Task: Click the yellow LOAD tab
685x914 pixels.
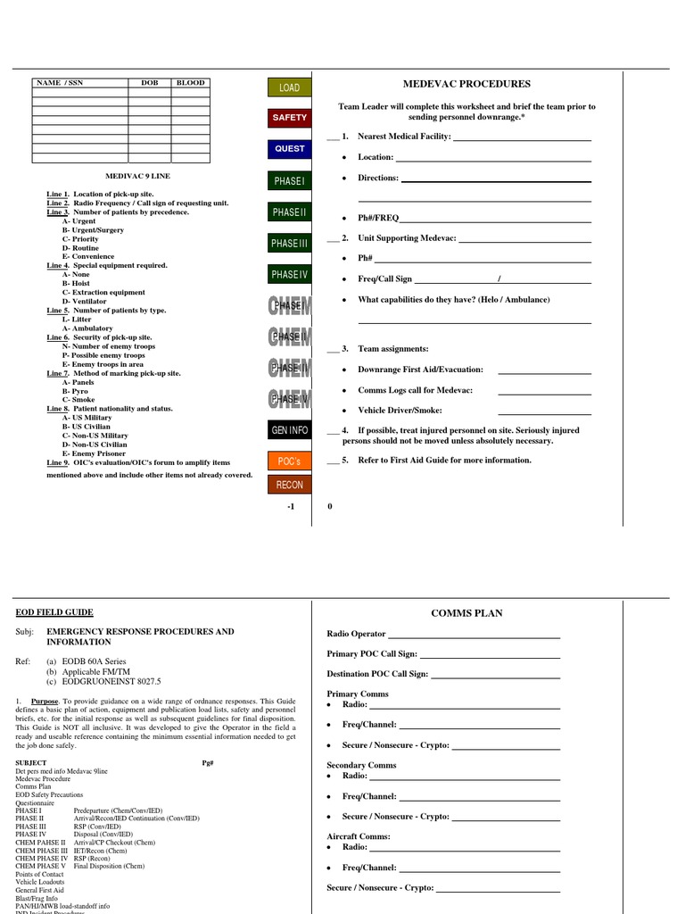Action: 289,87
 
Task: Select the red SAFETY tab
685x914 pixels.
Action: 289,118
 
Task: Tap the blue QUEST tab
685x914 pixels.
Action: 289,149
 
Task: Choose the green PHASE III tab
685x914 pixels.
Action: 289,244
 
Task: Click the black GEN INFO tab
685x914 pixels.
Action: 289,430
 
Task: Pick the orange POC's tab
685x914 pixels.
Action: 289,461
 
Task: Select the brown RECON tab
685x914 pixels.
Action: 289,485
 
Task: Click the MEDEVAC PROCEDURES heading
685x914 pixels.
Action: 466,84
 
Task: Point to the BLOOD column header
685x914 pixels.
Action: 190,83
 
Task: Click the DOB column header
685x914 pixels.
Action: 149,83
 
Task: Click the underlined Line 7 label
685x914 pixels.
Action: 57,373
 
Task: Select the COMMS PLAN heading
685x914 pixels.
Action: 466,613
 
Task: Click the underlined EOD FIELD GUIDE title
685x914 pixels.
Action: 54,612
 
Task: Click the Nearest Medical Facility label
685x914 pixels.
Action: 404,137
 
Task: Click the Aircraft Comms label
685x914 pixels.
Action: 359,836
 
